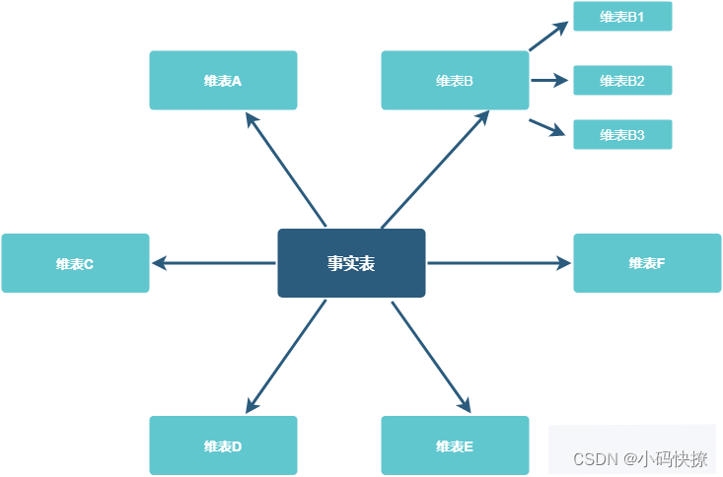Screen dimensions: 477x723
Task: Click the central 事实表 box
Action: [351, 263]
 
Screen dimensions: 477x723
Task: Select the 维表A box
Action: [223, 81]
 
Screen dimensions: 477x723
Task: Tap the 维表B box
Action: [455, 81]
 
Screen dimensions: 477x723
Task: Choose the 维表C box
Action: [75, 263]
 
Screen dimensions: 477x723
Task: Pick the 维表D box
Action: [223, 445]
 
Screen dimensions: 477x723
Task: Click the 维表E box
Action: [455, 445]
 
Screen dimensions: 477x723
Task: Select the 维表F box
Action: [647, 263]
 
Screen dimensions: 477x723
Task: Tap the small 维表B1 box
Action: [622, 17]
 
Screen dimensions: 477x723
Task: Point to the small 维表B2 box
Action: [622, 81]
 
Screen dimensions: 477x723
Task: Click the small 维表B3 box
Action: [622, 135]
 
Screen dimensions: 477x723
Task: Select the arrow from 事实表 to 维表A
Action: [285, 169]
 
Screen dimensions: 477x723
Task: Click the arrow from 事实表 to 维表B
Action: [435, 169]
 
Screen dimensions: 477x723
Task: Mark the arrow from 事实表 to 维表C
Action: [213, 263]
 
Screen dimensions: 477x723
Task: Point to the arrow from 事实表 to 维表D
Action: [285, 356]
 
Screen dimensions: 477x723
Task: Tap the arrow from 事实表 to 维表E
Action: [431, 356]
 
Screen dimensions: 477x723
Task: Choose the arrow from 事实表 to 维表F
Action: [499, 263]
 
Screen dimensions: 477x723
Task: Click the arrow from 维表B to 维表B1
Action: [548, 35]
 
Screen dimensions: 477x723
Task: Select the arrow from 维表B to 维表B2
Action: [549, 81]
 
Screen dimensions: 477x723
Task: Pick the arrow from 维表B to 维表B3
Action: [547, 127]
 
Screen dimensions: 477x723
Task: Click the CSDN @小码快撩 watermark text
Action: [640, 459]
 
